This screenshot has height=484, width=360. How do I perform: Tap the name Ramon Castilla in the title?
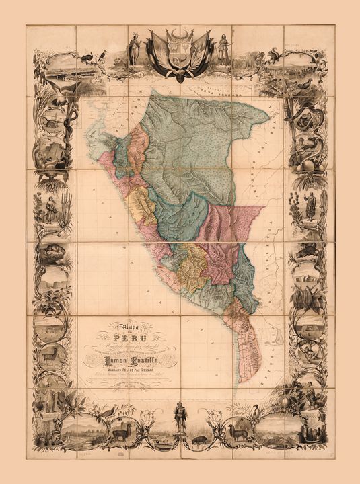[x=127, y=361]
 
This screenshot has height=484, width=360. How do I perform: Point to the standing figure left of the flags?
[x=134, y=48]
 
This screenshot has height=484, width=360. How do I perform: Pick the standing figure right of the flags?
[x=223, y=48]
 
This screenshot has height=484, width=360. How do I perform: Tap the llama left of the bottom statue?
[x=120, y=434]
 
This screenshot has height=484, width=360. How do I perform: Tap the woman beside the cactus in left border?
[x=50, y=208]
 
